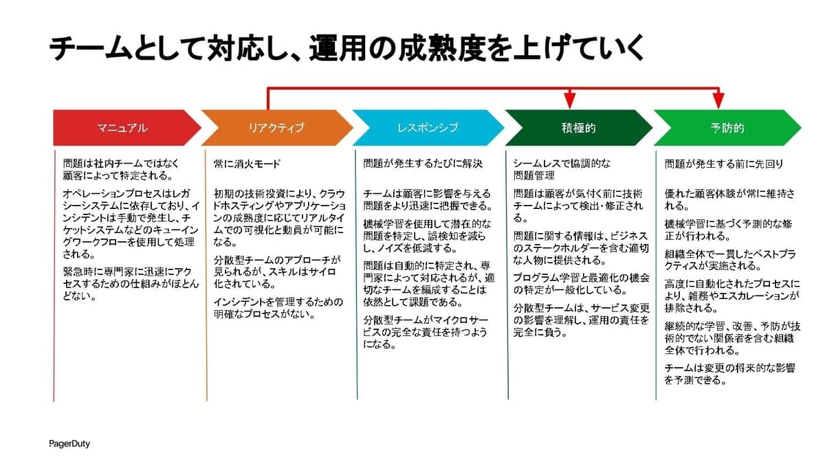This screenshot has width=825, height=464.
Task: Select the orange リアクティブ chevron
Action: [x=276, y=128]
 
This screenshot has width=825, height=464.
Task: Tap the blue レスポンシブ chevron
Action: [x=428, y=128]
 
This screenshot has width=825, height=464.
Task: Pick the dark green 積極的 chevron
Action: [x=579, y=128]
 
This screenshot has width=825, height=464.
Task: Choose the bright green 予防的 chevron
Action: [x=727, y=128]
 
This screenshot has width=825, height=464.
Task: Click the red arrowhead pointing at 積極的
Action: [x=570, y=101]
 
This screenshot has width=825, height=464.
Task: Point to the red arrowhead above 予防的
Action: [x=718, y=101]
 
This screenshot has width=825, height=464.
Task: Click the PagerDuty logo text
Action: [x=69, y=444]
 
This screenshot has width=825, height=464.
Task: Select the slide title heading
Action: [x=346, y=48]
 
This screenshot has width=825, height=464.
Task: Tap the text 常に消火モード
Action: [x=247, y=164]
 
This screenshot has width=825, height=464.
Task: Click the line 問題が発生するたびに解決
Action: [x=423, y=164]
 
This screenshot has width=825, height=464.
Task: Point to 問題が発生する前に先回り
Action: [x=724, y=164]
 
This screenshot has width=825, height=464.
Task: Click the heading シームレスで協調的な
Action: [x=562, y=164]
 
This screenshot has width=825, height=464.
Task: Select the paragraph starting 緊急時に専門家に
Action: [x=131, y=284]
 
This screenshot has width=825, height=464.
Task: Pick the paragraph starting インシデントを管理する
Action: [x=278, y=308]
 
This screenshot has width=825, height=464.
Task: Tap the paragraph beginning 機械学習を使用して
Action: [x=427, y=236]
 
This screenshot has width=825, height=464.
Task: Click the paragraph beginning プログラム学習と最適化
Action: [x=581, y=284]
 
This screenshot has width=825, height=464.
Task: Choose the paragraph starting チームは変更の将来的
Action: [x=730, y=374]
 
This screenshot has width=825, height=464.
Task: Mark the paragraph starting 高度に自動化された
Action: [x=732, y=296]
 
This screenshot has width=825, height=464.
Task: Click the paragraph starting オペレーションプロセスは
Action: [x=131, y=224]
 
